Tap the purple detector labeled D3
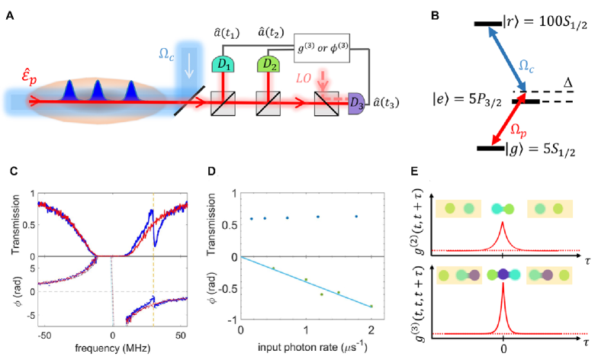357,102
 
